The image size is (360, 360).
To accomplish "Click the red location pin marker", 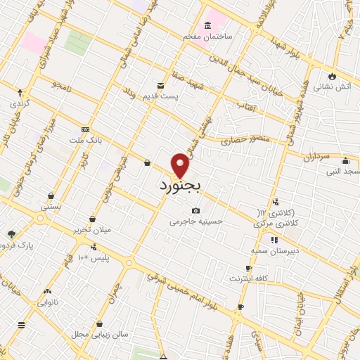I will click(x=181, y=165).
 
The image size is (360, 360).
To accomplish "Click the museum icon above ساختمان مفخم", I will click(x=207, y=25).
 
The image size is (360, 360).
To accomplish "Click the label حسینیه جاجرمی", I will click(x=195, y=221).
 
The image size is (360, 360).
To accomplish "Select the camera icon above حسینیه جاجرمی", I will click(x=195, y=210).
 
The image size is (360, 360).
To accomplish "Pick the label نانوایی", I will click(x=47, y=302).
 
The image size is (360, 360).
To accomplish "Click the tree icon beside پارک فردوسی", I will click(x=11, y=234).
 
